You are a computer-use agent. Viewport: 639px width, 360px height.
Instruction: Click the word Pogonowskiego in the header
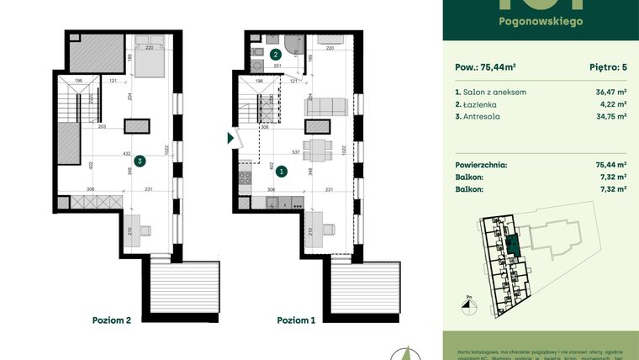541,21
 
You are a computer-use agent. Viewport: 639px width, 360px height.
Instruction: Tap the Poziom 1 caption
298,320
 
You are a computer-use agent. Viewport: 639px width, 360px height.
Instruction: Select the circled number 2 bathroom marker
276,55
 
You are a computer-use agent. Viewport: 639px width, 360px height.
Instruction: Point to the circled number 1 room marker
282,171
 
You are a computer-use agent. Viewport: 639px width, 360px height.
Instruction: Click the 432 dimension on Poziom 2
126,154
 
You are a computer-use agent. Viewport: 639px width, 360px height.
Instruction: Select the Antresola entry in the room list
477,117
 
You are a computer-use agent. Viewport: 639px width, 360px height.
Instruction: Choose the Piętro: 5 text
605,66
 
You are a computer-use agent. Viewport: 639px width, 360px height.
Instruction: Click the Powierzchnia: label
483,166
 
